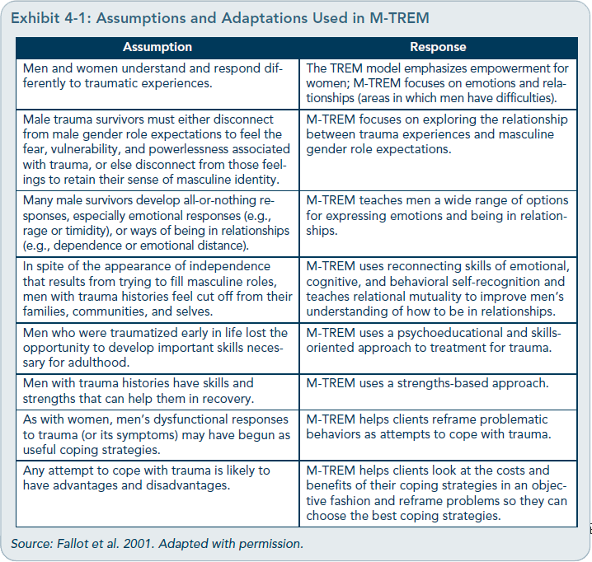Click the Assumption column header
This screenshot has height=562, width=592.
[157, 48]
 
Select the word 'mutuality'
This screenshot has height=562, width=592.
[438, 296]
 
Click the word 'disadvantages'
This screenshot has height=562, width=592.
[212, 485]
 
